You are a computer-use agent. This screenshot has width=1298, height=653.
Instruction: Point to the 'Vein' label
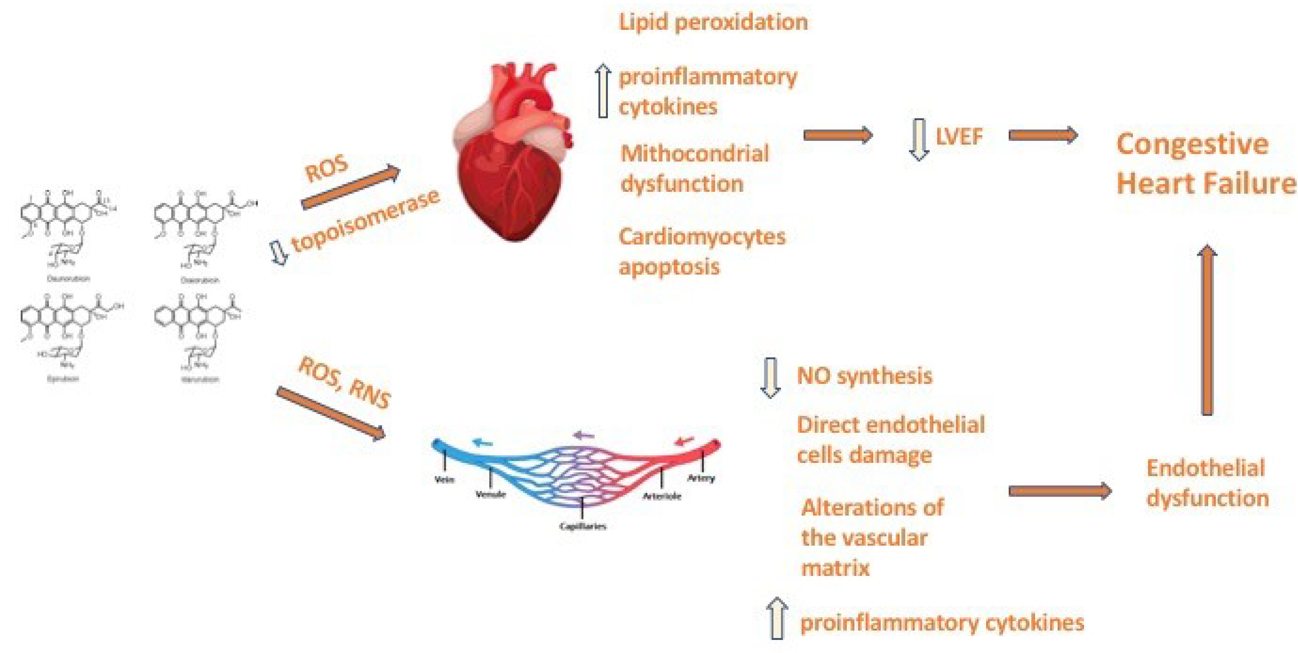pos(444,479)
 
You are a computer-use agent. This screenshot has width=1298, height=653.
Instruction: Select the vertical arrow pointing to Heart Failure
pos(1207,330)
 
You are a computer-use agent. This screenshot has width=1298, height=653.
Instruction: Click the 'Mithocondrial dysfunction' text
pos(694,168)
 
